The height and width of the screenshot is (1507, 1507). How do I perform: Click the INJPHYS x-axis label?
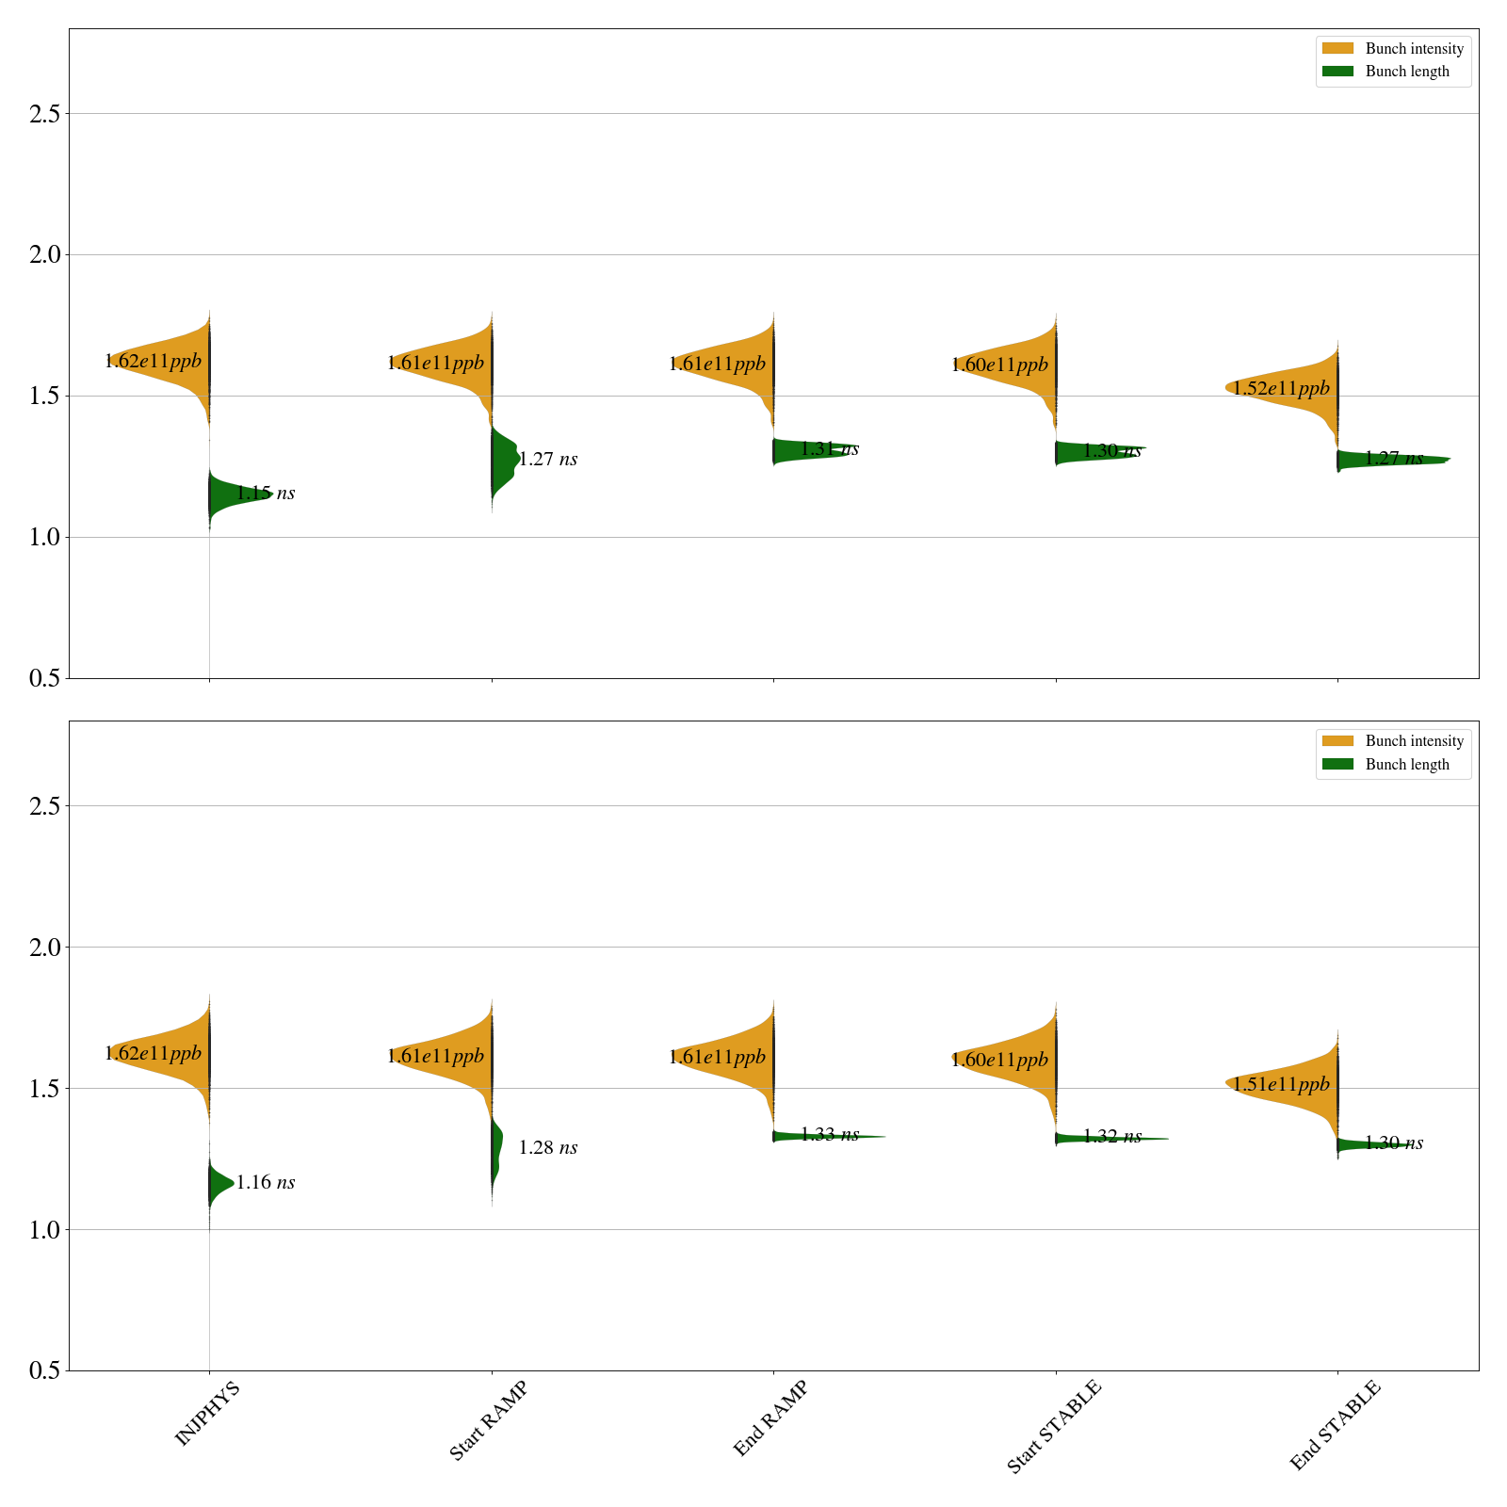tap(208, 1413)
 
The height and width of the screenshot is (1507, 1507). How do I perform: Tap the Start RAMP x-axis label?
tap(488, 1420)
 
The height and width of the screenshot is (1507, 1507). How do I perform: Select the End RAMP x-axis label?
tap(770, 1418)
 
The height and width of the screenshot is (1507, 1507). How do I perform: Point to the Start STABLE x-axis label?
tap(1053, 1426)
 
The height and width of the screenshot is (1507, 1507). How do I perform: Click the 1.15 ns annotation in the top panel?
tap(266, 493)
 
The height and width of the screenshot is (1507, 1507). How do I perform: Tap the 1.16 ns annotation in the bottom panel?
tap(266, 1182)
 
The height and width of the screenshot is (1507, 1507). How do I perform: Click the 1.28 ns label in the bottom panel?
tap(548, 1147)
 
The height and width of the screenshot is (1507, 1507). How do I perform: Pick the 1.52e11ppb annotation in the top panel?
tap(1281, 388)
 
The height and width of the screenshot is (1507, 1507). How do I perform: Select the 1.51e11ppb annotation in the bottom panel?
tap(1281, 1084)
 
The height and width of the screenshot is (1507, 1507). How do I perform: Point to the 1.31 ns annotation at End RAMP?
tap(830, 449)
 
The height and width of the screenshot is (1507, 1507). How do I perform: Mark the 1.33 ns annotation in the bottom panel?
tap(830, 1134)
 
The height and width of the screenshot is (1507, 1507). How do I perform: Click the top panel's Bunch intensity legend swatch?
tap(1337, 48)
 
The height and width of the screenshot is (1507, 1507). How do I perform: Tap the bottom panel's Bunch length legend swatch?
tap(1337, 764)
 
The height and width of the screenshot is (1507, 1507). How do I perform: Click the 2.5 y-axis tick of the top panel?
tap(43, 114)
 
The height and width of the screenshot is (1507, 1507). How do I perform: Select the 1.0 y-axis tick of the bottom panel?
tap(43, 1230)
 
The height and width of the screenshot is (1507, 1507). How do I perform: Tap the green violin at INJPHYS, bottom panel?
tap(219, 1183)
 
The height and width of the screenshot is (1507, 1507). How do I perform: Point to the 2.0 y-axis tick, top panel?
tap(43, 255)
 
